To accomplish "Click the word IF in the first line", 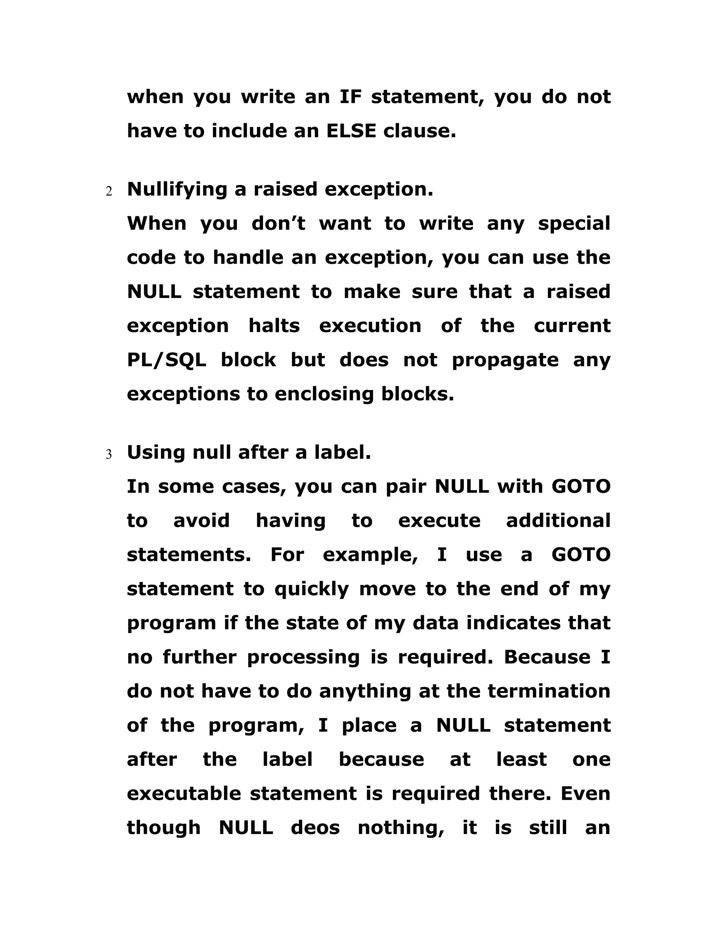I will [350, 97].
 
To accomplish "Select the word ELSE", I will [351, 131].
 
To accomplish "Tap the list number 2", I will [109, 192].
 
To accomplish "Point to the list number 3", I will [109, 455].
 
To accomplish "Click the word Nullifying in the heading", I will [177, 189].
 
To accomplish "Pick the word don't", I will [278, 223].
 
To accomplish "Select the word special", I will [574, 223].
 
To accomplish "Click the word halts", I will [274, 326].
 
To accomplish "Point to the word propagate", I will [505, 360].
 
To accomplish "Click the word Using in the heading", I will [156, 452].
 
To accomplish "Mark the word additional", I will [558, 521].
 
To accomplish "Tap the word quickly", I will [311, 589].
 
